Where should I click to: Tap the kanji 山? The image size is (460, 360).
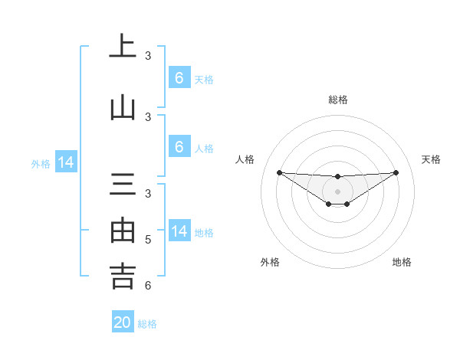[123, 107]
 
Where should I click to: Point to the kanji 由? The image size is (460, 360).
[123, 230]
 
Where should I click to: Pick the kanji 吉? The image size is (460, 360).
[123, 276]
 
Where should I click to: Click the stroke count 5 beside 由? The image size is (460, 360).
[148, 240]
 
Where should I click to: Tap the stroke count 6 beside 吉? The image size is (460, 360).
[148, 286]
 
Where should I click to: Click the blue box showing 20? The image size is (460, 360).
[123, 322]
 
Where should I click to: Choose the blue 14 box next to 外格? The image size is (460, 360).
[66, 162]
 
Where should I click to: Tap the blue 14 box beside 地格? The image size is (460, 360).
[179, 231]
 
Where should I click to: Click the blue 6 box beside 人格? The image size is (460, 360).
[179, 148]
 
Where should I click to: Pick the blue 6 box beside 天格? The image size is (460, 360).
[179, 78]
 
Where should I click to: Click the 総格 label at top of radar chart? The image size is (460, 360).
[337, 100]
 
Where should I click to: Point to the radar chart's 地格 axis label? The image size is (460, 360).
[402, 262]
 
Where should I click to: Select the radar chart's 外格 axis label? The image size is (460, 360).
[270, 262]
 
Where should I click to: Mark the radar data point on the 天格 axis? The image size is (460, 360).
[396, 172]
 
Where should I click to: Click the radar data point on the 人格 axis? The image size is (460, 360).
[279, 172]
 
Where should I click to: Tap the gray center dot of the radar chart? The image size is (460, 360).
[337, 191]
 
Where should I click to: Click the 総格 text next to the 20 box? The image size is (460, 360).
[147, 324]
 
